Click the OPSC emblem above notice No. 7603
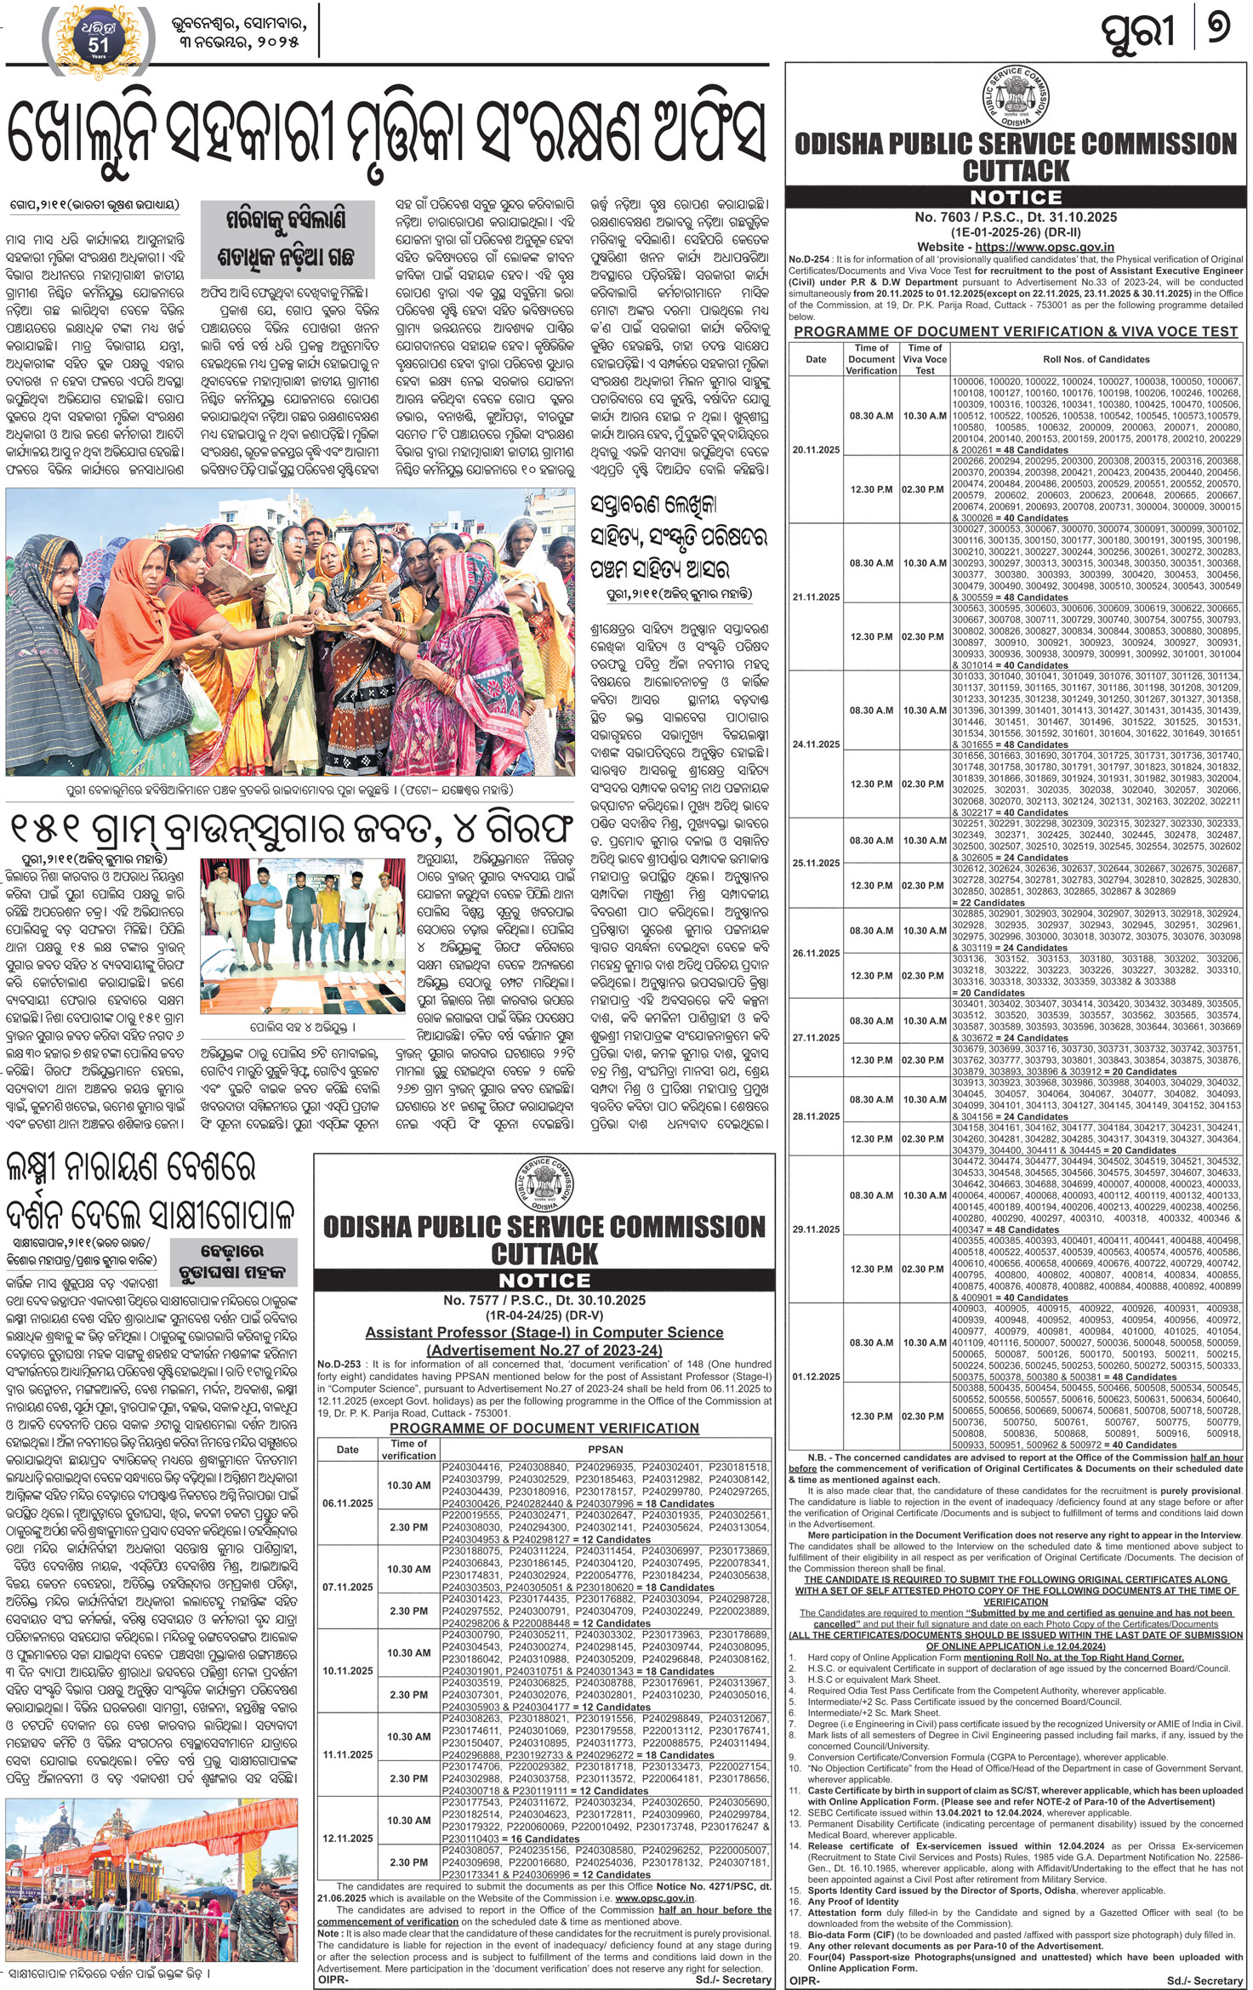[1016, 97]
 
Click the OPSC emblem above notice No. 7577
[544, 1183]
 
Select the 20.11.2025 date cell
[816, 449]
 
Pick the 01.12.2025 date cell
[816, 1377]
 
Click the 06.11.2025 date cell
[347, 1503]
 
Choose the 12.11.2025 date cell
[347, 1838]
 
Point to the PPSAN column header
[605, 1449]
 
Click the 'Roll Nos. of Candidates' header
[1096, 359]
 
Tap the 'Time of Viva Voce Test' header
[925, 359]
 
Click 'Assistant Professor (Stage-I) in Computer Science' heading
[544, 1332]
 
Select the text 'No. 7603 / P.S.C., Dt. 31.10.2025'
[1016, 217]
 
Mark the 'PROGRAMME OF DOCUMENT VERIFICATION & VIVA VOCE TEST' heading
[1016, 332]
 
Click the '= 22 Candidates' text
[987, 903]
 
